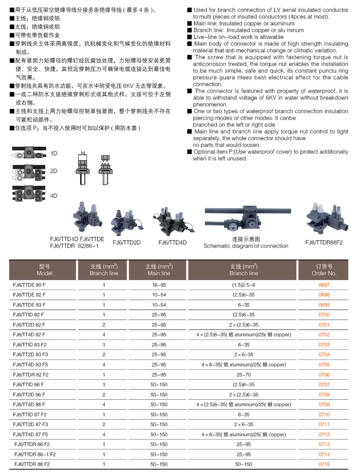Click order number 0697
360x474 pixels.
click(324, 285)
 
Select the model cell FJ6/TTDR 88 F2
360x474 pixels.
click(32, 464)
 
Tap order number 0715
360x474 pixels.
click(324, 464)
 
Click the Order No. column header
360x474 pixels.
click(324, 270)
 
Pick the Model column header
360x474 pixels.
click(45, 270)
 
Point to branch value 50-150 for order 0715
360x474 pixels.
click(243, 464)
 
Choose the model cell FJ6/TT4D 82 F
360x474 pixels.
click(30, 335)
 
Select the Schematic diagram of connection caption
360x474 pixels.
click(246, 246)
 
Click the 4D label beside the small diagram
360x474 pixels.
click(54, 196)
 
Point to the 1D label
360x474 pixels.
click(54, 153)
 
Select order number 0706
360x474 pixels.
click(324, 375)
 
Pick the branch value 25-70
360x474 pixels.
click(243, 375)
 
